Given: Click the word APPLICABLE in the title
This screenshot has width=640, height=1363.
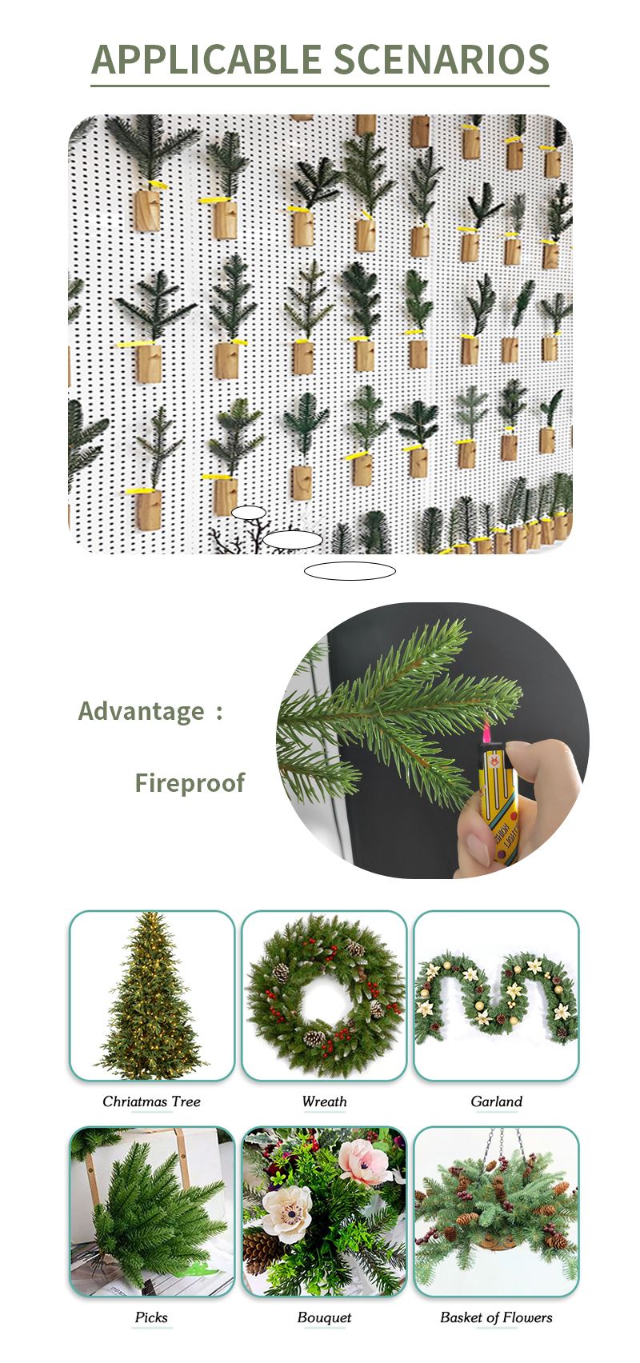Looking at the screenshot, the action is coord(206,59).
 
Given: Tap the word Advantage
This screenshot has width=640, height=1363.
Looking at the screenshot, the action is coord(141,711).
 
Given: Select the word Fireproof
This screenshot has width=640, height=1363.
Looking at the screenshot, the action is coord(190,782).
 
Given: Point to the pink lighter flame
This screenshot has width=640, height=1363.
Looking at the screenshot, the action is coord(486,734).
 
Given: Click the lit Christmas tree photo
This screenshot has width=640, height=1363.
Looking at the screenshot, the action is coord(151,996).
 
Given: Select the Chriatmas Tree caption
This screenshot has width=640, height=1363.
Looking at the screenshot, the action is coord(151,1101).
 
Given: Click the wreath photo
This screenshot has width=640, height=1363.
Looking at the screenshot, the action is coord(324,996).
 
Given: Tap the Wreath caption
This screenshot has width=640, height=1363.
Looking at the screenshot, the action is coord(324,1101).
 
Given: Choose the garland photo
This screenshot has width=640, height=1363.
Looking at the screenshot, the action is coord(497,996).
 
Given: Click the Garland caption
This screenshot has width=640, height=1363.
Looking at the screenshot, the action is coord(497,1101).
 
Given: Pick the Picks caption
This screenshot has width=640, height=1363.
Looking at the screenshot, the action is coord(151,1317).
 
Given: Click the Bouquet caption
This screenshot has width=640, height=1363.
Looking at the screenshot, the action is coord(324,1317).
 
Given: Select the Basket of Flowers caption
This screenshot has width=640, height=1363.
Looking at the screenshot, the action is coord(497,1317).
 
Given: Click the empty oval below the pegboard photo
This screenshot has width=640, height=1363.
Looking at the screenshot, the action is coord(350,571).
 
